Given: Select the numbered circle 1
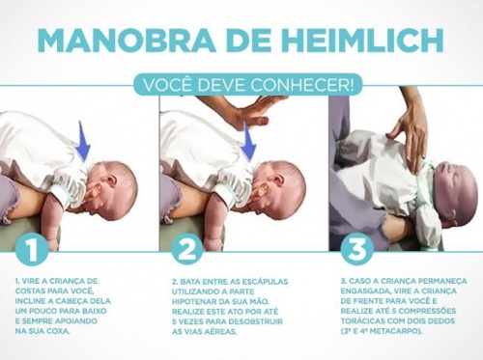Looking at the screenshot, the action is tap(32, 249).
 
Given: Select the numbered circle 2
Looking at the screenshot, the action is tap(187, 249).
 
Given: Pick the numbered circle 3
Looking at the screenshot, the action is tap(357, 249).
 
